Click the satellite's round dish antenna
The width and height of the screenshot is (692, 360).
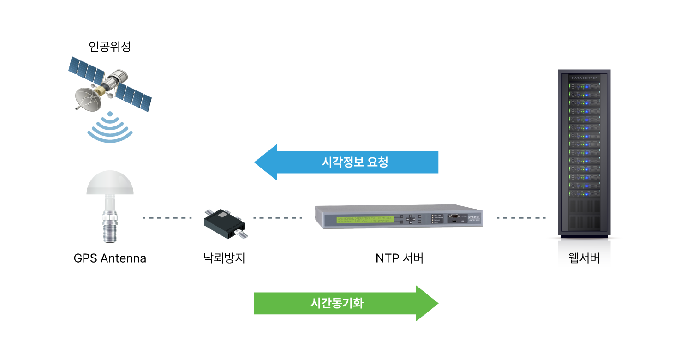click(x=87, y=98)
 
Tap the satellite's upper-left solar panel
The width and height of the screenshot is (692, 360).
click(x=87, y=69)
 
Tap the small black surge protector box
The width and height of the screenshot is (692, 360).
click(x=223, y=223)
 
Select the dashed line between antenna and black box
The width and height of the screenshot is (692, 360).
click(x=167, y=218)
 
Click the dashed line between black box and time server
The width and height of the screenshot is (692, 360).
click(x=277, y=218)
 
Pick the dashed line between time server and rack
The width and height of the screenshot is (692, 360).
click(x=521, y=218)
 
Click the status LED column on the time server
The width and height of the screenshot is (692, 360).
click(x=433, y=219)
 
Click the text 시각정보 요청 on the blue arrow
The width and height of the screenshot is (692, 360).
click(x=355, y=162)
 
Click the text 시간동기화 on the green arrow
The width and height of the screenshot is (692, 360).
click(x=337, y=303)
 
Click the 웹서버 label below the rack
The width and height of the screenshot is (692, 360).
click(x=584, y=258)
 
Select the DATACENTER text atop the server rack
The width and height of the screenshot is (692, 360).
click(x=584, y=78)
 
